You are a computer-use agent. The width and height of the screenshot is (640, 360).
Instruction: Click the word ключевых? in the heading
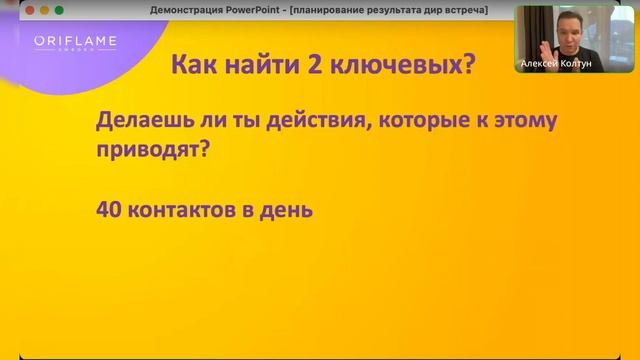point(404,64)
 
